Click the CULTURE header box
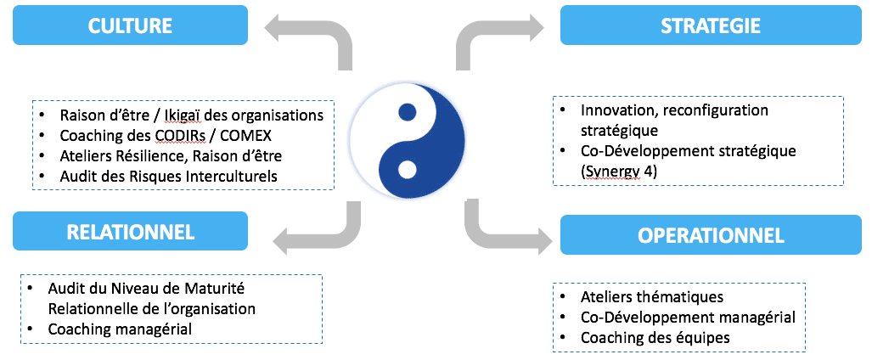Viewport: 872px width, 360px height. pyautogui.click(x=130, y=25)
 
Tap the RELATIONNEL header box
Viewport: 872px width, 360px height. pyautogui.click(x=130, y=231)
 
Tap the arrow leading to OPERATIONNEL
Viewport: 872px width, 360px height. pyautogui.click(x=501, y=229)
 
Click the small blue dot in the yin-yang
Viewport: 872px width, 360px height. pyautogui.click(x=407, y=112)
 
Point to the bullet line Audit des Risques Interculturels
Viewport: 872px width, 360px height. pyautogui.click(x=168, y=177)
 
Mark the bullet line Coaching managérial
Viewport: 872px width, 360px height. pyautogui.click(x=121, y=329)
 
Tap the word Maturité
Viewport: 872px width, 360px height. pyautogui.click(x=221, y=289)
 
